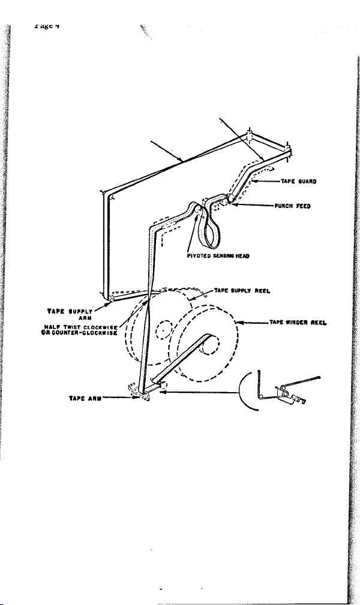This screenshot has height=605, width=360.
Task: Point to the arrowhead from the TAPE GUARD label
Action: (254, 179)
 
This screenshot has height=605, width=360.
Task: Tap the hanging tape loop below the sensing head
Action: (210, 231)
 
